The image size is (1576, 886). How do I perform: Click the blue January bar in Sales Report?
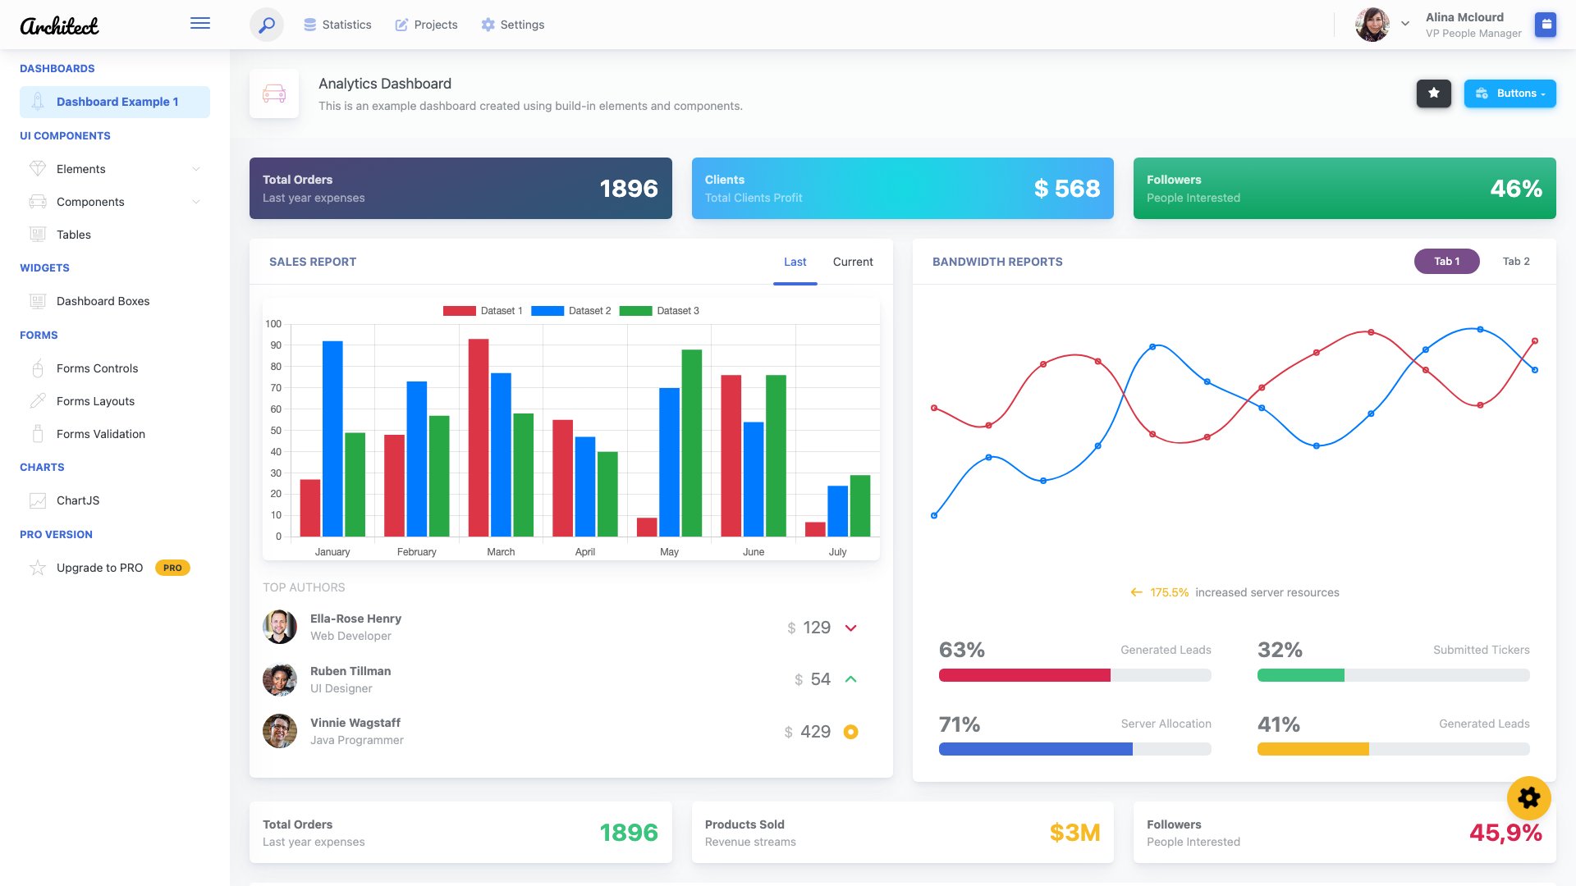click(x=332, y=439)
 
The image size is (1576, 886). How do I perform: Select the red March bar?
click(x=479, y=438)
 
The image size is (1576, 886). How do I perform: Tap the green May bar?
click(x=692, y=443)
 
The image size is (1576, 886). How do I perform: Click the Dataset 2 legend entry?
click(x=571, y=311)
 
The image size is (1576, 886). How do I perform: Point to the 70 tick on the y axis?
click(x=276, y=388)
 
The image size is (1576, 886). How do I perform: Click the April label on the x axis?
click(x=585, y=552)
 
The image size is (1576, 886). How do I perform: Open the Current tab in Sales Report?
click(x=853, y=262)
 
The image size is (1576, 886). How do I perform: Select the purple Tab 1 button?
click(x=1446, y=262)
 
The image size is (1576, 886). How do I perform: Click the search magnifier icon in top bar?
click(x=267, y=25)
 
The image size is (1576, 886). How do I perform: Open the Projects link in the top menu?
click(x=427, y=25)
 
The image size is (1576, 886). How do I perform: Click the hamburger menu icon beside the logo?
click(x=200, y=24)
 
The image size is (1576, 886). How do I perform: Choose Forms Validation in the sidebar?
click(x=101, y=434)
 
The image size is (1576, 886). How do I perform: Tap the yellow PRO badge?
click(x=172, y=568)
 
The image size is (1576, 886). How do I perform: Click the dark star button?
click(x=1434, y=94)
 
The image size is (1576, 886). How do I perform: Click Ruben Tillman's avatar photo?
click(x=280, y=679)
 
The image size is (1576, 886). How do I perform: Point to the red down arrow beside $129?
click(x=851, y=628)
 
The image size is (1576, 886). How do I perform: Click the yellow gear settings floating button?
click(x=1528, y=797)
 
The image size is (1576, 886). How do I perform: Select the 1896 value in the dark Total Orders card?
click(x=629, y=189)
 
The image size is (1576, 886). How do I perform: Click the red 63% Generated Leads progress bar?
click(x=1024, y=675)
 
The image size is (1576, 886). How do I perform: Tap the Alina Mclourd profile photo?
click(x=1372, y=25)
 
